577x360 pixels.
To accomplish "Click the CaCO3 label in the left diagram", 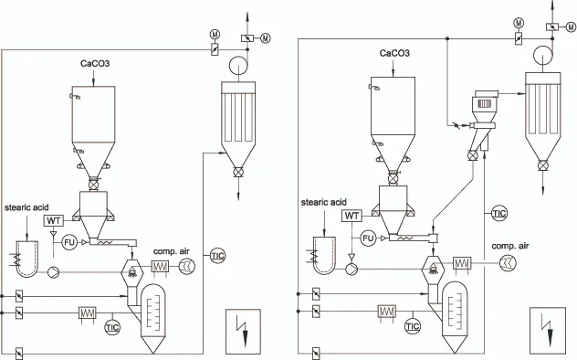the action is pyautogui.click(x=95, y=63).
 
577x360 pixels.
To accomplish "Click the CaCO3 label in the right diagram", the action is pyautogui.click(x=394, y=53).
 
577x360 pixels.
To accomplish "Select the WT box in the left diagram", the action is pyautogui.click(x=54, y=221).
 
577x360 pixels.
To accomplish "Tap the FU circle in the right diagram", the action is pyautogui.click(x=368, y=238).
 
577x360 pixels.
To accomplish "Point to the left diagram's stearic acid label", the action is pyautogui.click(x=26, y=207).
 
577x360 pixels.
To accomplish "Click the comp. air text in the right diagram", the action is pyautogui.click(x=510, y=246).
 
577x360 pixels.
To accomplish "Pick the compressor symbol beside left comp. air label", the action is pyautogui.click(x=187, y=266).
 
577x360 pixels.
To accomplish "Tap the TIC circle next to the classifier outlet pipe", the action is pyautogui.click(x=499, y=213).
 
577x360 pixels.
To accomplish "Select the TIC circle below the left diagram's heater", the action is pyautogui.click(x=112, y=327).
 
